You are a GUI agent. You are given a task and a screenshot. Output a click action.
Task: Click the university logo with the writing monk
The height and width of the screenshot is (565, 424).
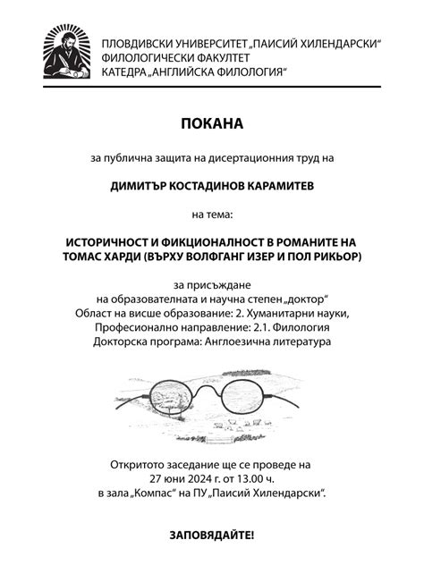tap(69, 53)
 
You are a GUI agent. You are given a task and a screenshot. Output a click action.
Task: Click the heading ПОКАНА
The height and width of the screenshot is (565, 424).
tap(211, 122)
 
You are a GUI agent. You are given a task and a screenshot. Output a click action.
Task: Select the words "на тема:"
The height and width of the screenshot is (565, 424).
tap(211, 215)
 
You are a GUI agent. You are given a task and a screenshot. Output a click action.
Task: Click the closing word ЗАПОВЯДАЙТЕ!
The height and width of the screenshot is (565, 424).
tap(211, 536)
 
